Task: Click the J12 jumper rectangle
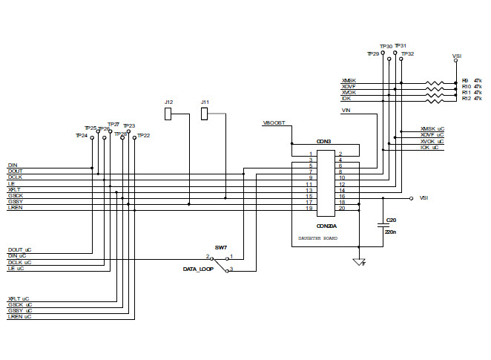(x=168, y=114)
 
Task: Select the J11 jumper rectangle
(x=205, y=114)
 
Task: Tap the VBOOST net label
(x=274, y=122)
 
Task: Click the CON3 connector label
(x=323, y=141)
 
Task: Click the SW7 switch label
(x=220, y=246)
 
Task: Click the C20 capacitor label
(x=391, y=220)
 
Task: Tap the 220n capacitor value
(x=390, y=232)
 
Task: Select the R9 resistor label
(x=465, y=79)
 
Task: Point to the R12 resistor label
(x=466, y=98)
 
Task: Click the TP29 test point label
(x=373, y=54)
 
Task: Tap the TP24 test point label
(x=82, y=136)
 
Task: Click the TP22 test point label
(x=143, y=136)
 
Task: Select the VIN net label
(x=346, y=111)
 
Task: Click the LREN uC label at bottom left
(x=19, y=317)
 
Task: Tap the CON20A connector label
(x=326, y=225)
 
